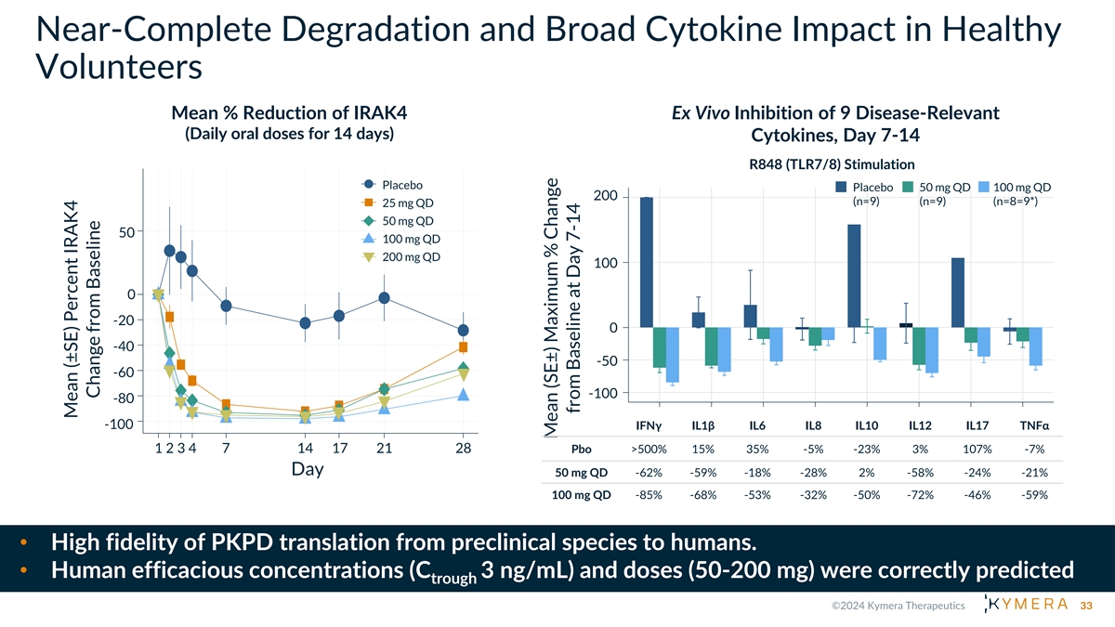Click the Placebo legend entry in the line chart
tap(400, 185)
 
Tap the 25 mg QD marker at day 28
tap(463, 347)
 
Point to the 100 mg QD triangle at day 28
tap(463, 395)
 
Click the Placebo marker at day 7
tap(226, 306)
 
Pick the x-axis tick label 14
tap(305, 449)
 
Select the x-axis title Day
tap(308, 470)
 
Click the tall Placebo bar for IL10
tap(854, 276)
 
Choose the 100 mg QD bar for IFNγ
tap(672, 355)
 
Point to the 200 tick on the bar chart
tap(605, 196)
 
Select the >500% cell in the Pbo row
tap(649, 450)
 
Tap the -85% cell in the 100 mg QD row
tap(649, 494)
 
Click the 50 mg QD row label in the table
tap(582, 472)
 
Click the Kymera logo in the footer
tap(1021, 606)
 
